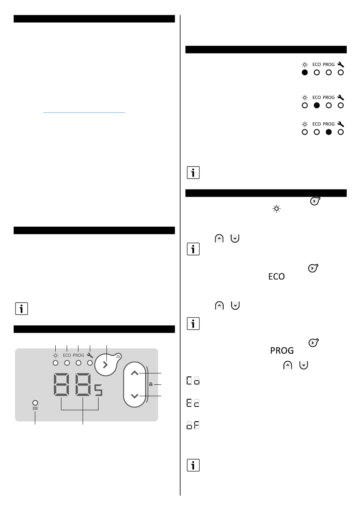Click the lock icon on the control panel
[151, 384]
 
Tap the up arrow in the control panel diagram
[135, 373]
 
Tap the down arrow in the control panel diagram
[135, 396]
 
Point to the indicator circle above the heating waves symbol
[35, 403]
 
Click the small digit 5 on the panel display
[98, 390]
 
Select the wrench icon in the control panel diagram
[90, 355]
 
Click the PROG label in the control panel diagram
[78, 355]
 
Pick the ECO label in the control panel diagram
[67, 355]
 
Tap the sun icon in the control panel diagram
[55, 356]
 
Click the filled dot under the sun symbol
[305, 72]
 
